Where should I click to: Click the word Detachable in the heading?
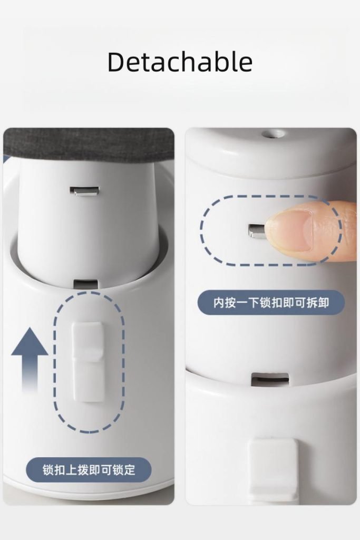[x=180, y=62]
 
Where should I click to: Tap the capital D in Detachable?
[x=116, y=62]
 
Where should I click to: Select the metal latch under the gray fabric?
[x=84, y=191]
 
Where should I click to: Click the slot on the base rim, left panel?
[x=86, y=284]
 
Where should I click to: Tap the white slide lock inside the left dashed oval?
[x=87, y=362]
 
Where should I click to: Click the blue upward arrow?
[x=30, y=360]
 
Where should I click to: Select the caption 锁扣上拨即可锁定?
[x=89, y=470]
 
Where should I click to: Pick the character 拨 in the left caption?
[x=83, y=470]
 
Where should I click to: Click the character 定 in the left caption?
[x=130, y=470]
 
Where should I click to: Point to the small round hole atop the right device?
[x=271, y=133]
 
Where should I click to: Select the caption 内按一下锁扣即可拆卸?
[x=271, y=303]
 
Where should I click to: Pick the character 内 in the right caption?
[x=219, y=303]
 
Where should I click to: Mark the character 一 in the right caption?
[x=242, y=303]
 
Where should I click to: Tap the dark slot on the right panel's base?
[x=270, y=379]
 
